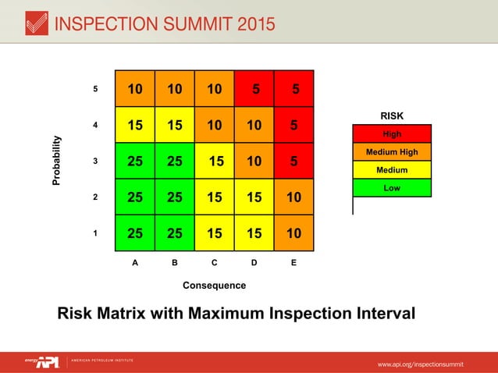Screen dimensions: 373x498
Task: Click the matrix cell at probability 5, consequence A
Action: click(x=135, y=89)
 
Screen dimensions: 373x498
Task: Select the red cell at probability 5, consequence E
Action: click(x=294, y=89)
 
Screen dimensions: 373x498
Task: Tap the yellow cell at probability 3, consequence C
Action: click(x=215, y=161)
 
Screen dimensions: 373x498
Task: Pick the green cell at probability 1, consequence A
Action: click(x=135, y=233)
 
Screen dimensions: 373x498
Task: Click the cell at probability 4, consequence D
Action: click(x=254, y=125)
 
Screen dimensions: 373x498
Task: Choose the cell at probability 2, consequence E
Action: click(x=294, y=197)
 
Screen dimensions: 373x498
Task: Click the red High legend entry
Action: click(x=392, y=134)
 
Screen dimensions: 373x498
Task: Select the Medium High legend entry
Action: click(x=392, y=152)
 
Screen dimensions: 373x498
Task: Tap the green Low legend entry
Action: click(x=392, y=188)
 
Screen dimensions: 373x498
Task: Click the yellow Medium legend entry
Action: click(x=392, y=170)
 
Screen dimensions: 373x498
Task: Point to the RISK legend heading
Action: click(x=392, y=116)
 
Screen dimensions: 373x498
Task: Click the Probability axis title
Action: click(x=56, y=161)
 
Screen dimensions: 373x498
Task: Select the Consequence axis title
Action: click(x=214, y=285)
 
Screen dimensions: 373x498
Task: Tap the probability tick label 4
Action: click(x=95, y=125)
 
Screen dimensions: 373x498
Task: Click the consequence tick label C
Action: click(x=214, y=263)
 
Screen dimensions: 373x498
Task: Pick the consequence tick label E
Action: click(x=293, y=263)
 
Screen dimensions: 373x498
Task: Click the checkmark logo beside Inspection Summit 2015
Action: click(x=35, y=23)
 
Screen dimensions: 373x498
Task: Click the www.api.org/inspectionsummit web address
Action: click(x=421, y=364)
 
